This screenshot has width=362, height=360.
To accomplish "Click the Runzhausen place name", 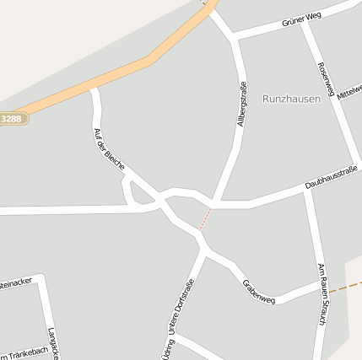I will point(291,99).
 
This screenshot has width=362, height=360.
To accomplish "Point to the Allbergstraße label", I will point(243,105).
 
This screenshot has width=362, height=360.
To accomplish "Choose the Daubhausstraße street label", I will point(332,179).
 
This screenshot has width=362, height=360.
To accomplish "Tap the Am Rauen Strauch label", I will point(321,295).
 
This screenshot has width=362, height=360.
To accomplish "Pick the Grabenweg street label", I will point(258,292).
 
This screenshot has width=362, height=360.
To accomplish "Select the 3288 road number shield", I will point(11,119).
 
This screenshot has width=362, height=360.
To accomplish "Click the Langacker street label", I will point(52,342).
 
